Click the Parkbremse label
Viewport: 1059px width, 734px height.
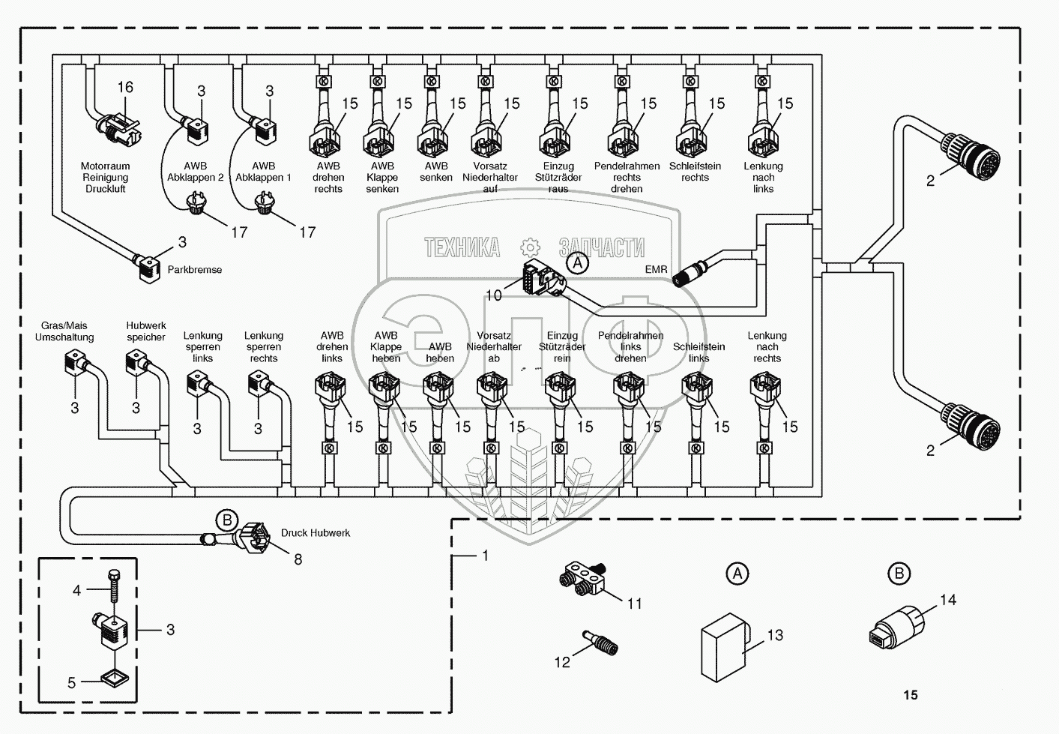pyautogui.click(x=194, y=270)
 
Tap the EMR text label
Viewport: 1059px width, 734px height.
pyautogui.click(x=657, y=269)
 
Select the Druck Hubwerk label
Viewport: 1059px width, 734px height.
pyautogui.click(x=316, y=533)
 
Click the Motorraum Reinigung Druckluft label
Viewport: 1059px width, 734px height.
pyautogui.click(x=105, y=178)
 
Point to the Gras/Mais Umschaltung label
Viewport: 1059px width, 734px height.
pyautogui.click(x=64, y=331)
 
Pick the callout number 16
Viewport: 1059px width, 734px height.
pyautogui.click(x=125, y=87)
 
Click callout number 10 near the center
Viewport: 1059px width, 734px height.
pyautogui.click(x=494, y=295)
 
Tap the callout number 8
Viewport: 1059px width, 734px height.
pyautogui.click(x=298, y=559)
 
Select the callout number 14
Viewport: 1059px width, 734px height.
pyautogui.click(x=948, y=600)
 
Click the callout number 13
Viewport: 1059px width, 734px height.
pyautogui.click(x=775, y=635)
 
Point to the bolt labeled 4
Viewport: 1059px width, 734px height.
pyautogui.click(x=114, y=586)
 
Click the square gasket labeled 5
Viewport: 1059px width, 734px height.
pyautogui.click(x=115, y=679)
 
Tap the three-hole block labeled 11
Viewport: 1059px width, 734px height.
pyautogui.click(x=583, y=578)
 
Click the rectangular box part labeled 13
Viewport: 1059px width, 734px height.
pyautogui.click(x=724, y=648)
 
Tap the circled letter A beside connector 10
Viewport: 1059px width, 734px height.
pyautogui.click(x=577, y=262)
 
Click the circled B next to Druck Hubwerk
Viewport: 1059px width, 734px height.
pyautogui.click(x=227, y=521)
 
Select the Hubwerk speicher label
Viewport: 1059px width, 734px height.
pyautogui.click(x=146, y=331)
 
